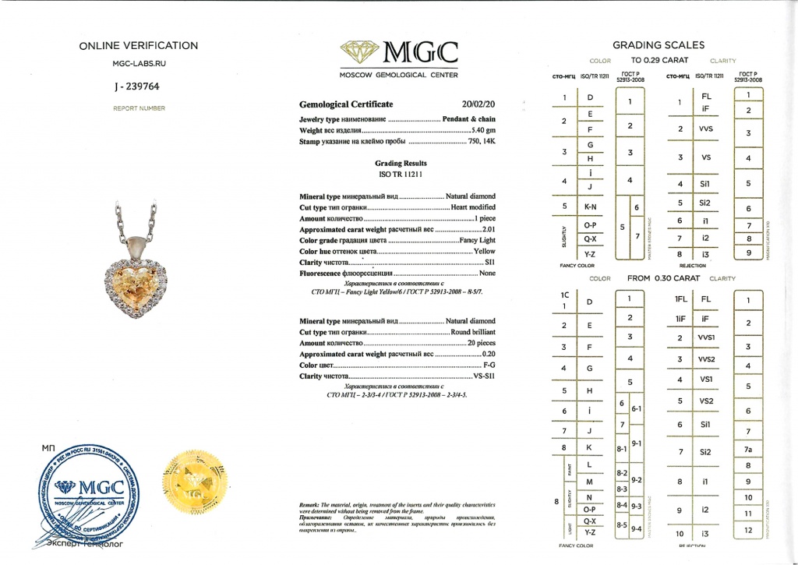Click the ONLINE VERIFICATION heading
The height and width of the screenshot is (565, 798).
[x=139, y=46]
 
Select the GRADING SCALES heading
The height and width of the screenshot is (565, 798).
[x=659, y=44]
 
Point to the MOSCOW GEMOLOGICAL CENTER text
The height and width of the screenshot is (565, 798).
[x=398, y=76]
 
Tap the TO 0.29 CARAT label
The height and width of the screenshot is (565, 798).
[x=656, y=60]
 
